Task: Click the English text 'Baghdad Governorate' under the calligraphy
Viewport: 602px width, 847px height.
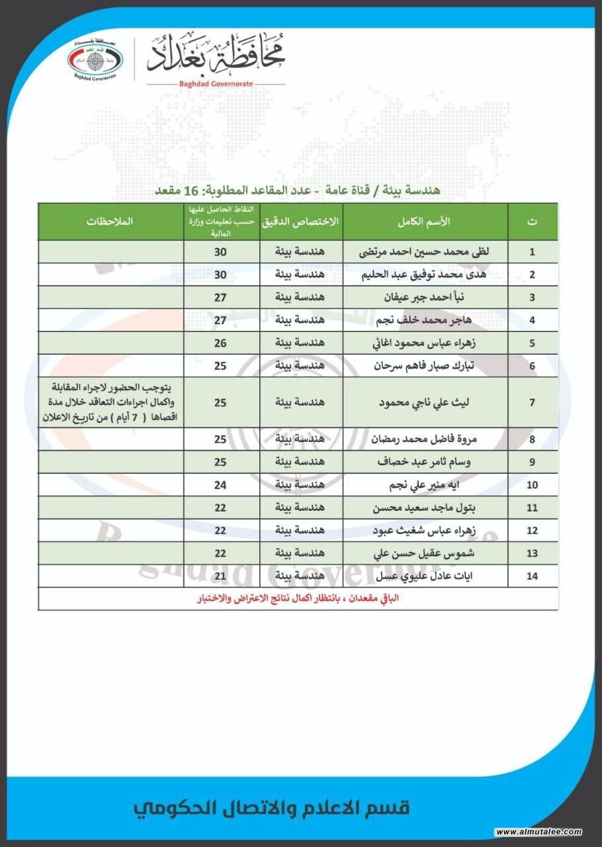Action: [x=216, y=84]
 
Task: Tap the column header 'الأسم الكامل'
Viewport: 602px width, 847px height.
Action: [x=425, y=222]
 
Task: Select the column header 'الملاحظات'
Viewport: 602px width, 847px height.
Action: [x=110, y=222]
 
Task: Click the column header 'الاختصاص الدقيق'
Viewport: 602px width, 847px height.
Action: [x=302, y=222]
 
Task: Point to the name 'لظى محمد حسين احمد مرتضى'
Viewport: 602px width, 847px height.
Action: [x=425, y=252]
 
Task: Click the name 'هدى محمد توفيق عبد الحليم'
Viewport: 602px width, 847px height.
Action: [x=425, y=275]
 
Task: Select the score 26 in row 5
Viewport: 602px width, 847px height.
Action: [x=220, y=343]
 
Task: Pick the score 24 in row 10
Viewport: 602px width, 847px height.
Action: [x=220, y=485]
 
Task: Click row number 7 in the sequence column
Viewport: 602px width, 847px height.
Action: [x=532, y=402]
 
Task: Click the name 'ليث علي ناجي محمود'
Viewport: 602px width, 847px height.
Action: [x=425, y=402]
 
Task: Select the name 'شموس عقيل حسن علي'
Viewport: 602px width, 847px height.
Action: [x=425, y=553]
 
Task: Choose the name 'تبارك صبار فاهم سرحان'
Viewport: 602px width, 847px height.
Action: [x=425, y=365]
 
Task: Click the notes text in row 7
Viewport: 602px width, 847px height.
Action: [x=110, y=402]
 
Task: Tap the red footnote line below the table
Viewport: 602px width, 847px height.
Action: [x=298, y=598]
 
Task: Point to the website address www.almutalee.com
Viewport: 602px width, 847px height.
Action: [x=538, y=832]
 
